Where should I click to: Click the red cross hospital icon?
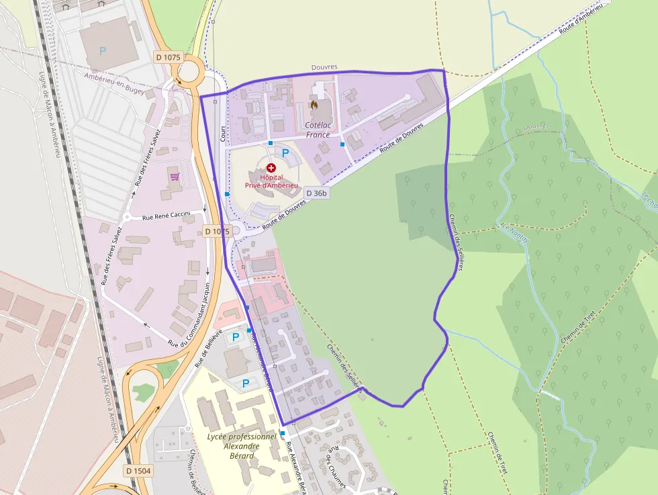pos(271,167)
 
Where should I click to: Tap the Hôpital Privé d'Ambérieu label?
pos(271,181)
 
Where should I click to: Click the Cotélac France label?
pos(318,130)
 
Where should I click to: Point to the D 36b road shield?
pos(317,193)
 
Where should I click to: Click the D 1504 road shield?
pos(138,471)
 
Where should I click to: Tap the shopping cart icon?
pos(175,177)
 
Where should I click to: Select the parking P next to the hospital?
pos(285,153)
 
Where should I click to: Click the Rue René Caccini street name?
pos(167,217)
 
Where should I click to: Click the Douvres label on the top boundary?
pos(324,67)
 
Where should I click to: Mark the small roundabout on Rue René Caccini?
pos(127,217)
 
